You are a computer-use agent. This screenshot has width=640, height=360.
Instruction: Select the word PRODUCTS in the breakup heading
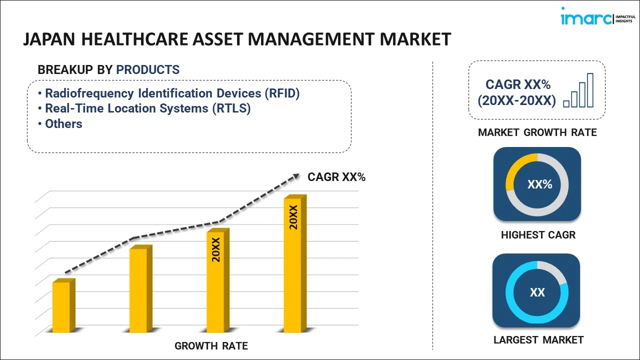click(147, 70)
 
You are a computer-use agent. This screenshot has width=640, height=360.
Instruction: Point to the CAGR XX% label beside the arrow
click(336, 177)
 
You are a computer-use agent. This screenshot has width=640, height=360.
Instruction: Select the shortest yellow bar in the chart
click(62, 307)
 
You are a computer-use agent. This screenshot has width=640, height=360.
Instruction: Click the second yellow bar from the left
click(139, 290)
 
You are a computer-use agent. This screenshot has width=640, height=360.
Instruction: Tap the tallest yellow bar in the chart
click(293, 265)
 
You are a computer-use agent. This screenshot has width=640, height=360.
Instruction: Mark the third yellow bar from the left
click(216, 282)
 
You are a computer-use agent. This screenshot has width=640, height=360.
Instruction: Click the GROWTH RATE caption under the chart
click(211, 346)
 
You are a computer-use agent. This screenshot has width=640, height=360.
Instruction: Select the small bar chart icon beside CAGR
click(578, 91)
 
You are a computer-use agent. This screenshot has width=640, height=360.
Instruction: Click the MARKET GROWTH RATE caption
click(537, 132)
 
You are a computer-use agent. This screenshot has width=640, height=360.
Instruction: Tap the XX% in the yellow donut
click(539, 184)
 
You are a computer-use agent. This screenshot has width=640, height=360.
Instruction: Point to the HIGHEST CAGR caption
click(538, 235)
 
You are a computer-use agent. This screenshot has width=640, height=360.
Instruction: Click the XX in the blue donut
click(537, 292)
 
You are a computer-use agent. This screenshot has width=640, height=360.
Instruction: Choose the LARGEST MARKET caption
click(538, 340)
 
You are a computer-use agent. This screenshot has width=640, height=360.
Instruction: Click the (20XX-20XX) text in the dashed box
click(516, 101)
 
